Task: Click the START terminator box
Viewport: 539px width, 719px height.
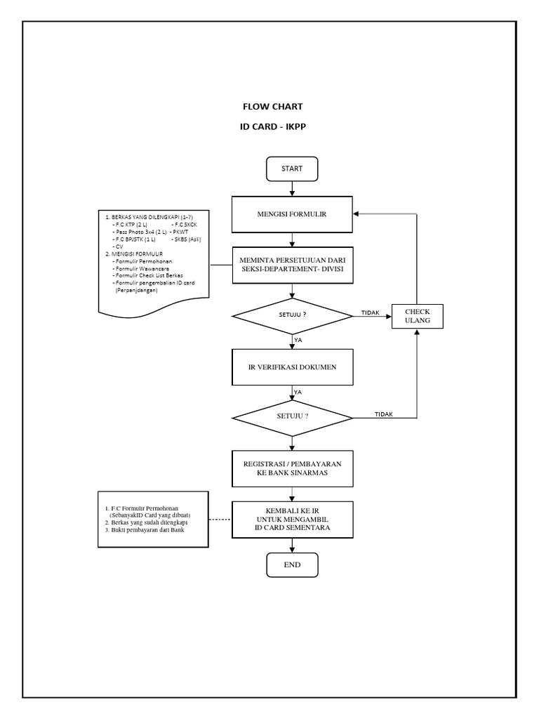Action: tap(292, 169)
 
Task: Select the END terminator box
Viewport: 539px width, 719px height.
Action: tap(292, 565)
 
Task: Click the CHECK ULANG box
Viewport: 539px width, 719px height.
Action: tap(417, 316)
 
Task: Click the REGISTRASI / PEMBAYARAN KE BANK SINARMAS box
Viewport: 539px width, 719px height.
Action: tap(292, 469)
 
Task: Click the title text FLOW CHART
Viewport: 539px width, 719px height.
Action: tap(272, 107)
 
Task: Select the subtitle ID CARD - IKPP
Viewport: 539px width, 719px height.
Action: tap(272, 128)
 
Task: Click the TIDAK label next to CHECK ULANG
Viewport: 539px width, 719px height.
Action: tap(370, 312)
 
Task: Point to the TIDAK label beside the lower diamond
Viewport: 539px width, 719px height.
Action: tap(383, 414)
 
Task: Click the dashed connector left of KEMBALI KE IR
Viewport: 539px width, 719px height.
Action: tap(220, 520)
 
